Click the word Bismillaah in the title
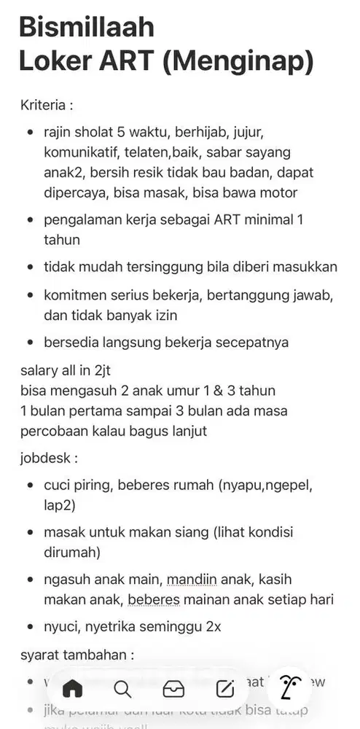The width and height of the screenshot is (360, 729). [87, 28]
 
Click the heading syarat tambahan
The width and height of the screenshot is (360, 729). [76, 655]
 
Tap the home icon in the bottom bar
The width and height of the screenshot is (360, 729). [74, 689]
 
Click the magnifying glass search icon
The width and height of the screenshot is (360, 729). [123, 689]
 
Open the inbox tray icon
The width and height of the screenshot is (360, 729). [173, 689]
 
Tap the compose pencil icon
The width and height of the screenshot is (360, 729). [224, 689]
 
